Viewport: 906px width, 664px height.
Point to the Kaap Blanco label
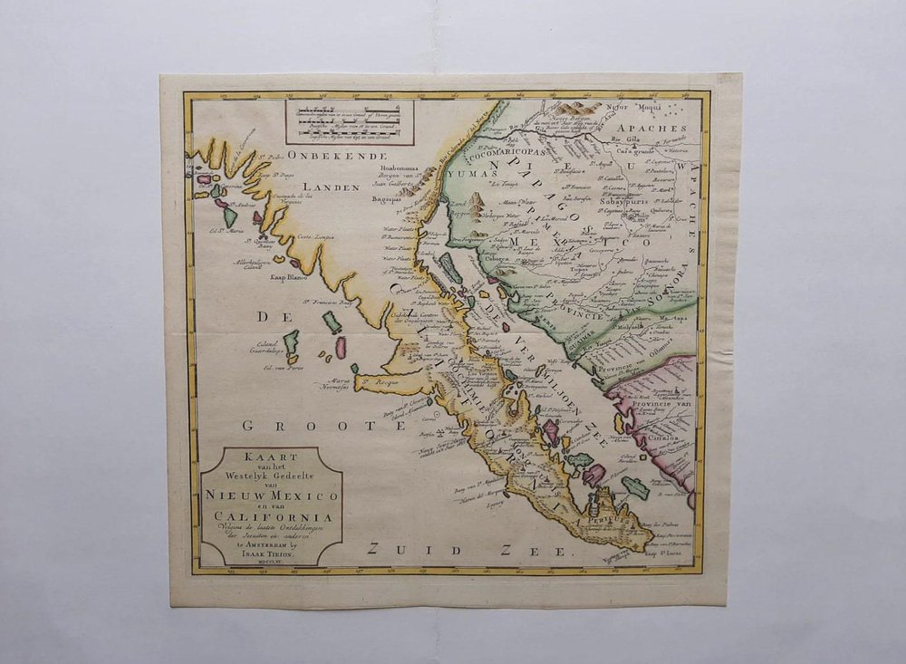click(x=290, y=277)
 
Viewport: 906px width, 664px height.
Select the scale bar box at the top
click(x=350, y=122)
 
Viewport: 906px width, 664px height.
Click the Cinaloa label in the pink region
click(x=670, y=434)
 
